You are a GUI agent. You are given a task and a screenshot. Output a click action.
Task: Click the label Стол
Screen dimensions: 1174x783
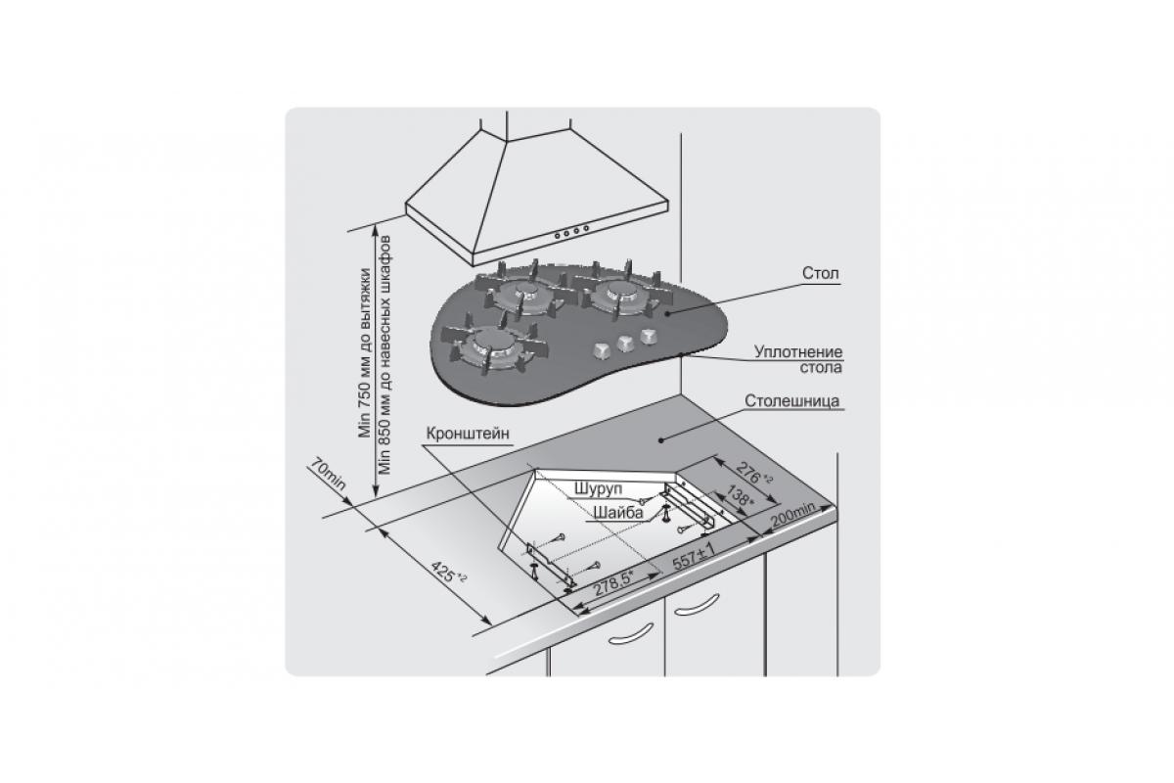point(820,273)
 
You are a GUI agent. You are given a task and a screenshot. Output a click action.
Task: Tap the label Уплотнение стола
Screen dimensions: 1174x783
point(797,359)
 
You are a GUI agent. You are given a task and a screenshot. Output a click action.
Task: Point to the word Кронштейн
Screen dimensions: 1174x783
point(468,434)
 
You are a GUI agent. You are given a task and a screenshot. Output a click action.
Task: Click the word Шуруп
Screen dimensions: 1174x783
point(598,488)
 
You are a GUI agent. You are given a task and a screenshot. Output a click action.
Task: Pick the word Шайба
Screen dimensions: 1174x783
point(618,513)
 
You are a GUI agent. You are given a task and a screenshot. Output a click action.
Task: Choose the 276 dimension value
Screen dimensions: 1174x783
point(752,473)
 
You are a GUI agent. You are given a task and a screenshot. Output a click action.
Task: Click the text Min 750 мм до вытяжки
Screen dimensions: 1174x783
point(365,353)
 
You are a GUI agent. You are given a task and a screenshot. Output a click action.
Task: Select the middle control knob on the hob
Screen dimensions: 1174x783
point(624,342)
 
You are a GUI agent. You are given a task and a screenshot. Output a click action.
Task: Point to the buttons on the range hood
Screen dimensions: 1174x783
point(571,232)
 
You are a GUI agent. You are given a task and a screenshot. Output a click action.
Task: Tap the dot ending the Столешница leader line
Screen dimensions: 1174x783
point(661,440)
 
